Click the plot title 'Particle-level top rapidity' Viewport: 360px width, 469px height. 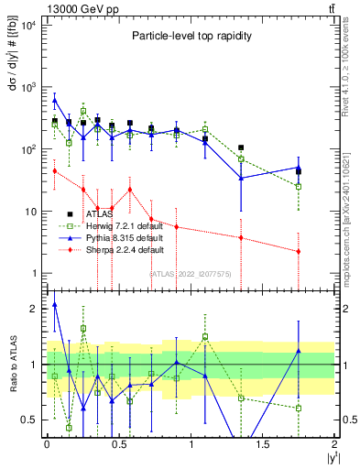click(187, 36)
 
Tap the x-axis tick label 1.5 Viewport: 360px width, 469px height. click(263, 446)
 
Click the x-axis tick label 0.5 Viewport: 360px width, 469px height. click(118, 446)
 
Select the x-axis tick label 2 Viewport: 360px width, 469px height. click(335, 446)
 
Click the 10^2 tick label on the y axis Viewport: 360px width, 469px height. click(28, 149)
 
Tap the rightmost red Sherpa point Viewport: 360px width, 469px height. click(299, 251)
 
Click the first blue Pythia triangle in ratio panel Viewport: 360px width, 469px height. click(55, 304)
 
